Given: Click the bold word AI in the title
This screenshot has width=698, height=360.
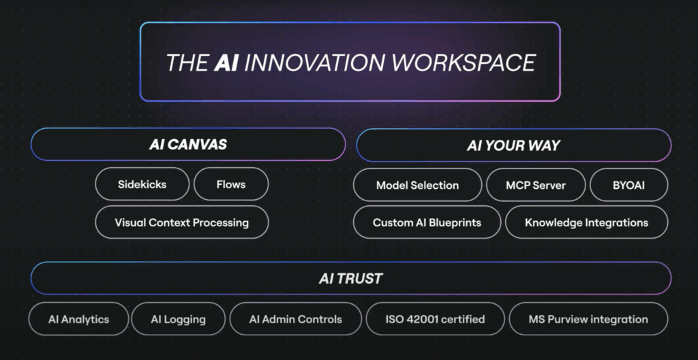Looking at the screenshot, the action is pos(226,62).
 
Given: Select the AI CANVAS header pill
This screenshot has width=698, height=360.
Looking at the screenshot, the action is pos(188,145).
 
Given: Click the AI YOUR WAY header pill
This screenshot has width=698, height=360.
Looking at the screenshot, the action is pos(514,145).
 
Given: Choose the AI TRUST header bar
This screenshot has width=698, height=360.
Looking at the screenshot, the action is pos(351,278).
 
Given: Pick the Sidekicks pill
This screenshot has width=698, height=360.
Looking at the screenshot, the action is pos(142,184).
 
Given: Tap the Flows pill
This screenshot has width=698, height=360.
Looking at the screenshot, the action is pos(231,184).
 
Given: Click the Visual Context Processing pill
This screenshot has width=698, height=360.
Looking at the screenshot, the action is pos(181,222).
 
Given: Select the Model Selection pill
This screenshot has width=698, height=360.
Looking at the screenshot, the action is pos(418,185).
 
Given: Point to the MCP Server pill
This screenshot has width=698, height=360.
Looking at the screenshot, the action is pos(536,185).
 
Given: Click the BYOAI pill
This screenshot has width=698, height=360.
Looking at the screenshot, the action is pos(629,185).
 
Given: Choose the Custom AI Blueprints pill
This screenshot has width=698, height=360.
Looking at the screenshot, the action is pos(427,222).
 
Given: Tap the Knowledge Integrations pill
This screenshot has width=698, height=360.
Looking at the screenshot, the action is pos(587,222).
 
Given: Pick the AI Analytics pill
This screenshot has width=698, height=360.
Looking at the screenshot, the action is pos(79,319).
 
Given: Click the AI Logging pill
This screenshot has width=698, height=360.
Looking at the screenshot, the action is pos(178,319).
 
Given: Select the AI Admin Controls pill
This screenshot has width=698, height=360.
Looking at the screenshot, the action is pos(296,319).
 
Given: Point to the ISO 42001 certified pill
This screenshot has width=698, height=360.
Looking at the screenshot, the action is pos(436,319).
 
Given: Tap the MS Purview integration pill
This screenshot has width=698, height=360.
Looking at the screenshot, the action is pos(588,319).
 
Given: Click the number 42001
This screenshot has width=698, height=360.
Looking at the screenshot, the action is pos(423,320).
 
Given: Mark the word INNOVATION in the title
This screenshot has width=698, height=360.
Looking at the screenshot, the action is pos(315,62).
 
